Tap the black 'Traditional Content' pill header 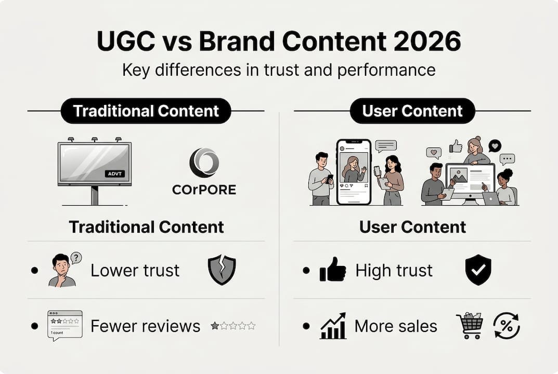point(146,111)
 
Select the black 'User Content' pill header point(412,111)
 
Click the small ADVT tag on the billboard point(114,173)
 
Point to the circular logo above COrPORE point(204,163)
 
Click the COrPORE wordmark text point(204,190)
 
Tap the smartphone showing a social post point(354,171)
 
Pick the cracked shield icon point(222,270)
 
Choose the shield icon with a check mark point(478,270)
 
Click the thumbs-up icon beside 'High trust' point(333,270)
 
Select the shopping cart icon point(469,326)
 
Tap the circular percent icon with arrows point(506,326)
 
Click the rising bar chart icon point(333,326)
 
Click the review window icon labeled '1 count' point(64,325)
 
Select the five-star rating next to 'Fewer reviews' point(233,326)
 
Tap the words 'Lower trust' point(135,270)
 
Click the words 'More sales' point(396,326)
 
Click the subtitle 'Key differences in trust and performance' point(279,70)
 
